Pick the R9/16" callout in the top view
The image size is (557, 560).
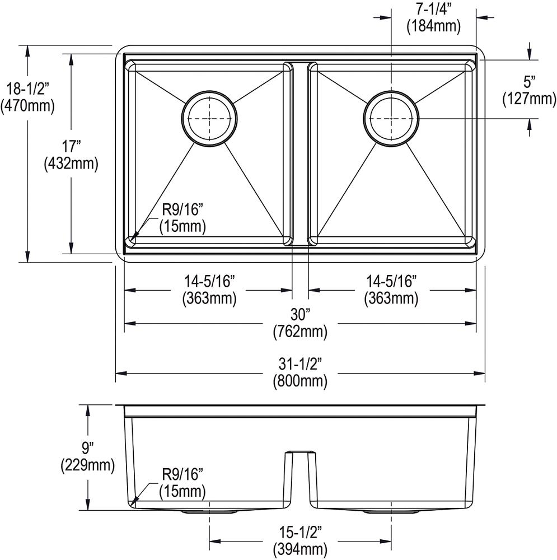coord(182,218)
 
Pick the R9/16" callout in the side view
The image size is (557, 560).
coord(182,483)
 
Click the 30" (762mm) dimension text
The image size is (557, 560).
coord(300,323)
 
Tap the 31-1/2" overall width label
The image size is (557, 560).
coord(300,372)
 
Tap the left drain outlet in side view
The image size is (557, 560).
coord(193,512)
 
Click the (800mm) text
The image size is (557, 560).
coord(300,381)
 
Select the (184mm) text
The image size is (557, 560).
coord(433,25)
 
